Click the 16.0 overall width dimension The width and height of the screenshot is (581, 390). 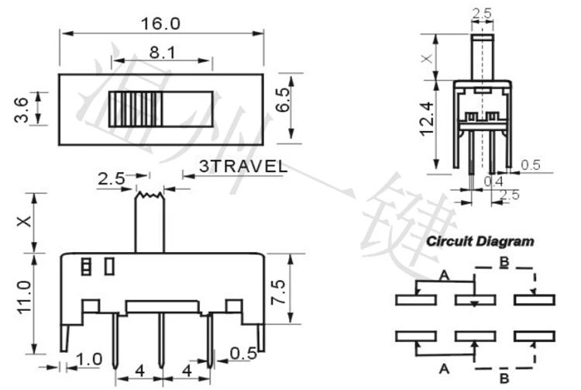[x=160, y=24]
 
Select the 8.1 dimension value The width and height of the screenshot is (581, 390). [x=163, y=52]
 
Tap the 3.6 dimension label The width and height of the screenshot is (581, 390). [x=22, y=109]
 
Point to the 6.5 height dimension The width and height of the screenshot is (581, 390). [x=282, y=99]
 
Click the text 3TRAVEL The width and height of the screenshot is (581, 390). [x=243, y=167]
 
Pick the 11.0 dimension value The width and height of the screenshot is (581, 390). [x=25, y=297]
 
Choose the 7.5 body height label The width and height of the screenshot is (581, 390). [x=278, y=292]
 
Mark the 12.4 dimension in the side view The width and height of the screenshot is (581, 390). [x=427, y=119]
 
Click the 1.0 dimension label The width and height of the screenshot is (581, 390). [x=89, y=359]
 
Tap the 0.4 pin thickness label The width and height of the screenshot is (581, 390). [x=493, y=181]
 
